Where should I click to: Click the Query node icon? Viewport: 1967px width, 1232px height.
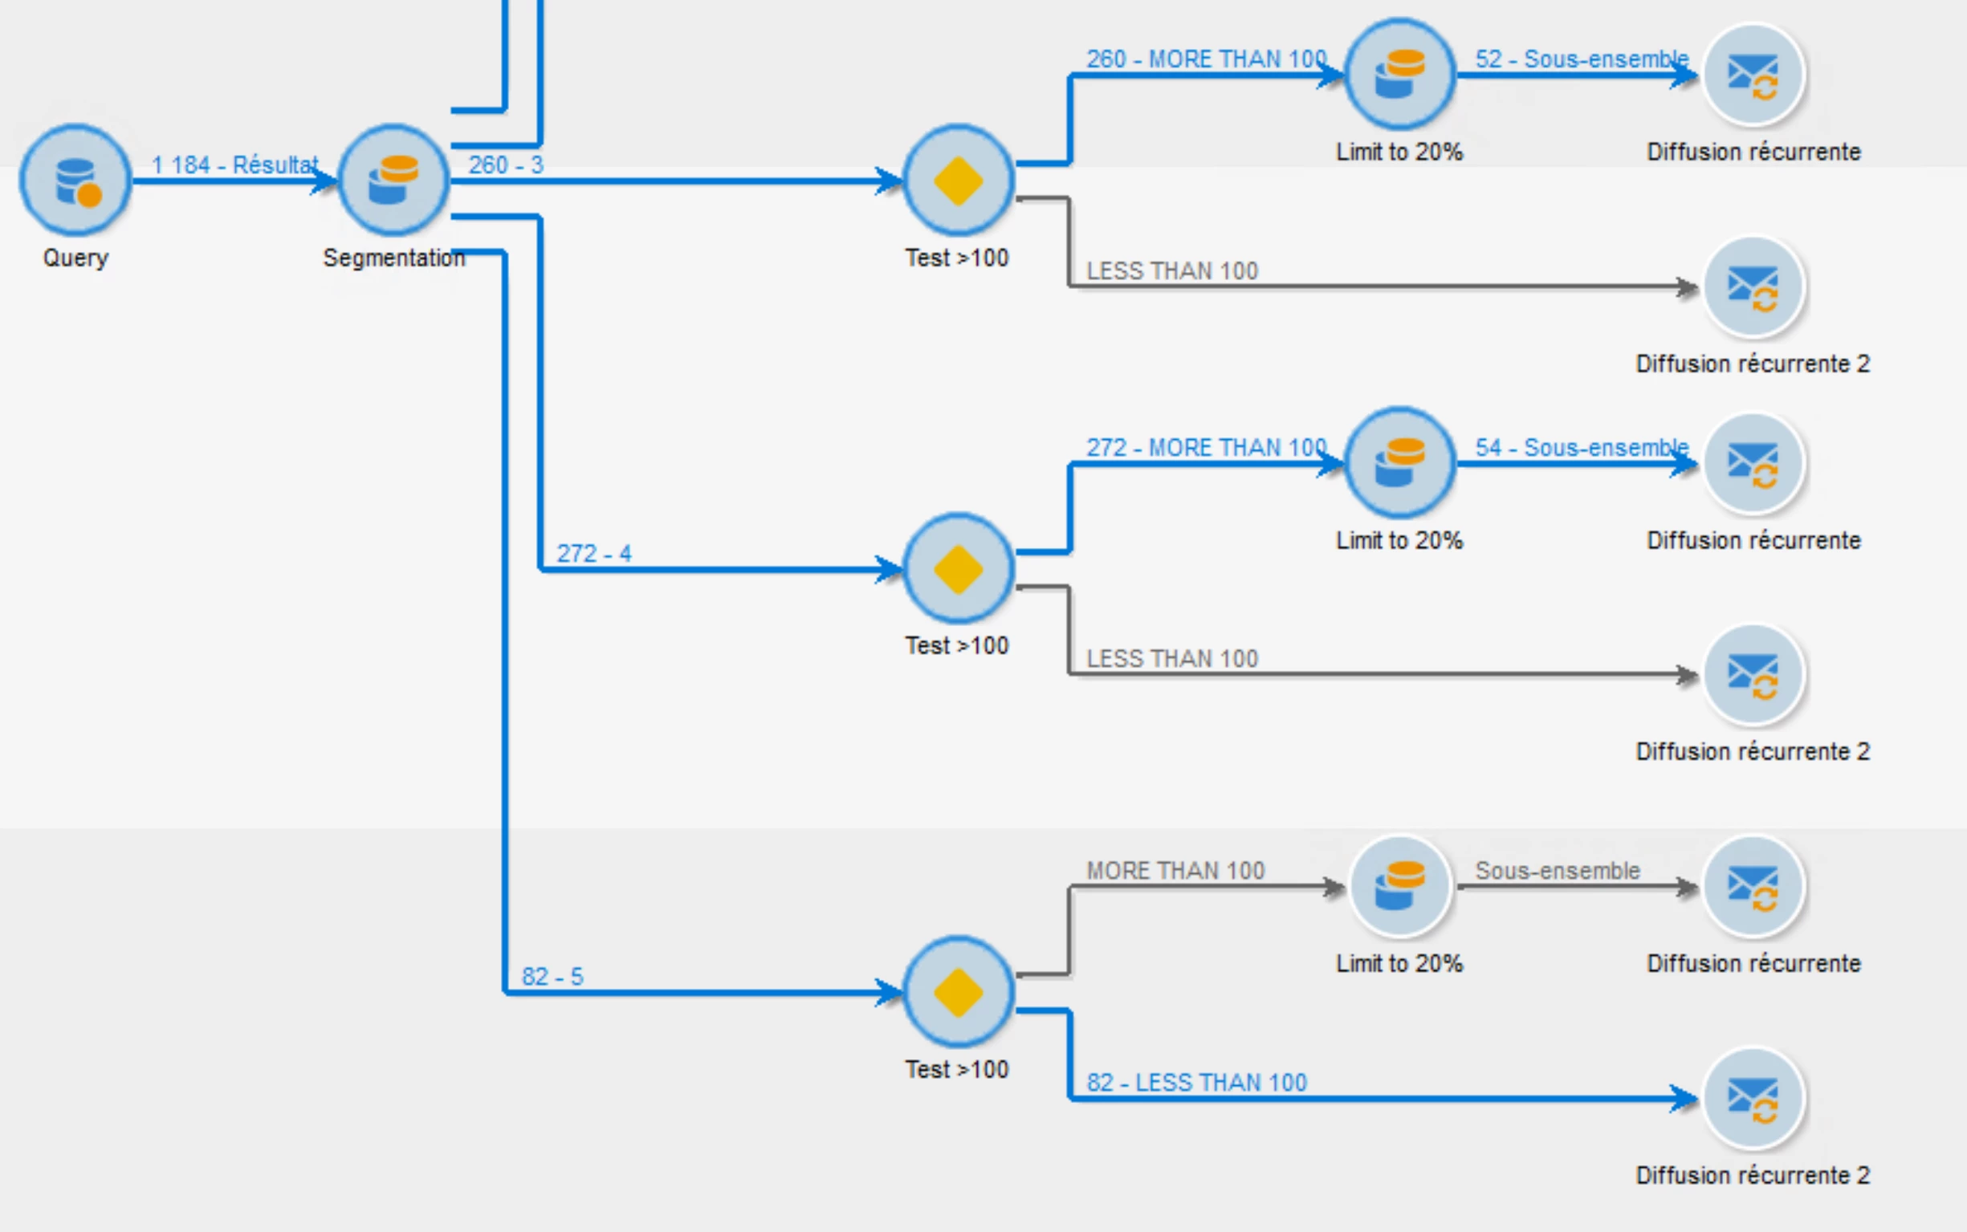pyautogui.click(x=75, y=180)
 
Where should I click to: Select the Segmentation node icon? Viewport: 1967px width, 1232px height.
pyautogui.click(x=393, y=180)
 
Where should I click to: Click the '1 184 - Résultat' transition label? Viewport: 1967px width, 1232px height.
pyautogui.click(x=234, y=165)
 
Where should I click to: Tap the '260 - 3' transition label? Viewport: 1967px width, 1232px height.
pyautogui.click(x=505, y=165)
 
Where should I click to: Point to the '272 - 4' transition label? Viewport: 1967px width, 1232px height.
pyautogui.click(x=593, y=553)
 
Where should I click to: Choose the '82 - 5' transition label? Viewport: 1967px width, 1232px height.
pyautogui.click(x=552, y=976)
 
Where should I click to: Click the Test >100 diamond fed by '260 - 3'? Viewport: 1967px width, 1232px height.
pyautogui.click(x=959, y=180)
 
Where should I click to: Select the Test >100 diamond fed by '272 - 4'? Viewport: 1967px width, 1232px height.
pyautogui.click(x=959, y=569)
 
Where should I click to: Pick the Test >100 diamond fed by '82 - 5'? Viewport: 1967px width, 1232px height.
pyautogui.click(x=959, y=992)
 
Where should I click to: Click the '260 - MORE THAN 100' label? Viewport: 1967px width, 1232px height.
pyautogui.click(x=1206, y=59)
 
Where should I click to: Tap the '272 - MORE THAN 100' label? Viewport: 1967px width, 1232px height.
pyautogui.click(x=1206, y=447)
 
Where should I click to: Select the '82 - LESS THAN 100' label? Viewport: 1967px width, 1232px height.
pyautogui.click(x=1196, y=1082)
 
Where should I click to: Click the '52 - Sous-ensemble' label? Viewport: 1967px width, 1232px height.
pyautogui.click(x=1581, y=59)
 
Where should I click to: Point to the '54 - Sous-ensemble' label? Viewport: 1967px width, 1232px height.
pyautogui.click(x=1581, y=447)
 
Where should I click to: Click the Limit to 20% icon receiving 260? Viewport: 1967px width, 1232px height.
pyautogui.click(x=1399, y=74)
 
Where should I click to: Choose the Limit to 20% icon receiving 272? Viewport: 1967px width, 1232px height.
pyautogui.click(x=1399, y=463)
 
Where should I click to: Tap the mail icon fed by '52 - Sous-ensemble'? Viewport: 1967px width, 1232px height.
pyautogui.click(x=1753, y=74)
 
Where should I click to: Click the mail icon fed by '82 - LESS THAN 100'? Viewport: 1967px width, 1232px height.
pyautogui.click(x=1753, y=1097)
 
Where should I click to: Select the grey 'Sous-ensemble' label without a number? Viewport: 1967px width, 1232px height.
pyautogui.click(x=1557, y=870)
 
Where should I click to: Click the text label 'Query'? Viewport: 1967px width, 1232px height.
pyautogui.click(x=75, y=258)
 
